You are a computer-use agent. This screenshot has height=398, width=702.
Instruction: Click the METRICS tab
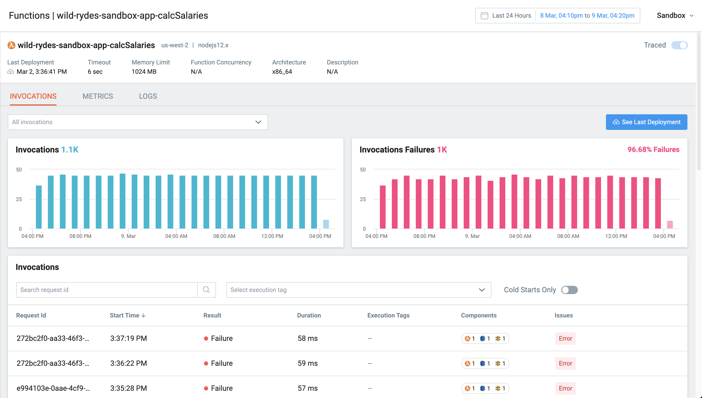[98, 96]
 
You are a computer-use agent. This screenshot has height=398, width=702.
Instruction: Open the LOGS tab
[148, 96]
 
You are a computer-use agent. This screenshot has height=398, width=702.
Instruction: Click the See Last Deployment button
[646, 122]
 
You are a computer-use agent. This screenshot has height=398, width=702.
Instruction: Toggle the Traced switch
[679, 45]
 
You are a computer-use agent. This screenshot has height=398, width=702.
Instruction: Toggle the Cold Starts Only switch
[569, 290]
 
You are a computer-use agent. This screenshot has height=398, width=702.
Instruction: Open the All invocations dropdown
[138, 122]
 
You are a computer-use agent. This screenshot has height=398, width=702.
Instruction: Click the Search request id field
[107, 290]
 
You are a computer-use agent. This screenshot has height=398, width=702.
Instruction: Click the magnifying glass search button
[206, 290]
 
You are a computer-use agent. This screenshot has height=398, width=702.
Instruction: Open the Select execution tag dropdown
[359, 290]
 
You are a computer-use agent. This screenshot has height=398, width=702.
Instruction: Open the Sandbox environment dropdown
[675, 16]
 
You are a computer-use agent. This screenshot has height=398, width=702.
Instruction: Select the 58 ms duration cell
[308, 339]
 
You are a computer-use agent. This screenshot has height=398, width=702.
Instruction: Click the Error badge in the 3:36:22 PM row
[565, 363]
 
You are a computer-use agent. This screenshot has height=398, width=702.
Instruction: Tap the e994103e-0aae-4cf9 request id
[53, 388]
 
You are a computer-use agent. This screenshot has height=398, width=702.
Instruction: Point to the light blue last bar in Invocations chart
[326, 224]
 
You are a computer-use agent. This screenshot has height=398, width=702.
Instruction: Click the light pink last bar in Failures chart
[670, 225]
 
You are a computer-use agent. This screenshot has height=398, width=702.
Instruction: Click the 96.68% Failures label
[653, 150]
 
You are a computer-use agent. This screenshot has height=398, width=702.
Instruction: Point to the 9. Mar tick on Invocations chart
[128, 236]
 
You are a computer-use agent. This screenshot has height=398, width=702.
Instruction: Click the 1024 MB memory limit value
[144, 72]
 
